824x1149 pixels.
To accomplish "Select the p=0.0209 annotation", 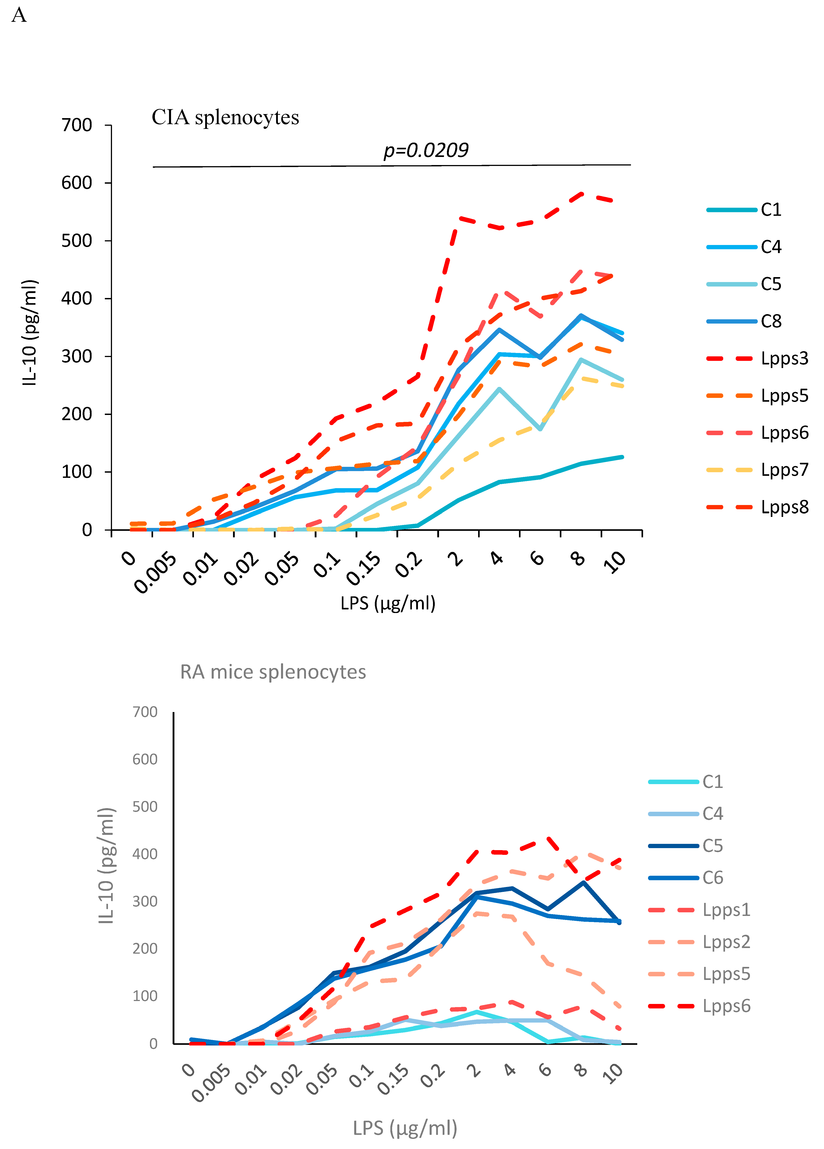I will click(x=426, y=150).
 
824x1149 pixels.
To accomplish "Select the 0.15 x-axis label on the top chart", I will click(x=364, y=568).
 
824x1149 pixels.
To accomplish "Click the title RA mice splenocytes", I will click(x=273, y=672).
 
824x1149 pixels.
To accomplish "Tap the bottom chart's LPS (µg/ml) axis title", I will click(x=405, y=1128).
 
